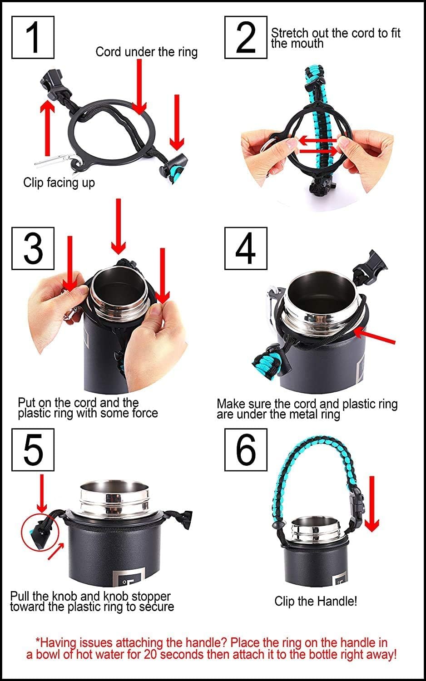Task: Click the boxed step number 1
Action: pyautogui.click(x=33, y=37)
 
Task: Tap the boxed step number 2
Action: pyautogui.click(x=246, y=37)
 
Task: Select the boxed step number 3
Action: pyautogui.click(x=33, y=248)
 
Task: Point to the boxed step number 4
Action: pyautogui.click(x=246, y=248)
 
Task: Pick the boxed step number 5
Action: pyautogui.click(x=33, y=450)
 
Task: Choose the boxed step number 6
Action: pyautogui.click(x=246, y=450)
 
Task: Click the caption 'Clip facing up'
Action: pyautogui.click(x=59, y=183)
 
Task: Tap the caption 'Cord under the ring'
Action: pyautogui.click(x=147, y=52)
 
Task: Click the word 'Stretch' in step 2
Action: pyautogui.click(x=289, y=33)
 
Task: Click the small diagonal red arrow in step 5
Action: pyautogui.click(x=56, y=551)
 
